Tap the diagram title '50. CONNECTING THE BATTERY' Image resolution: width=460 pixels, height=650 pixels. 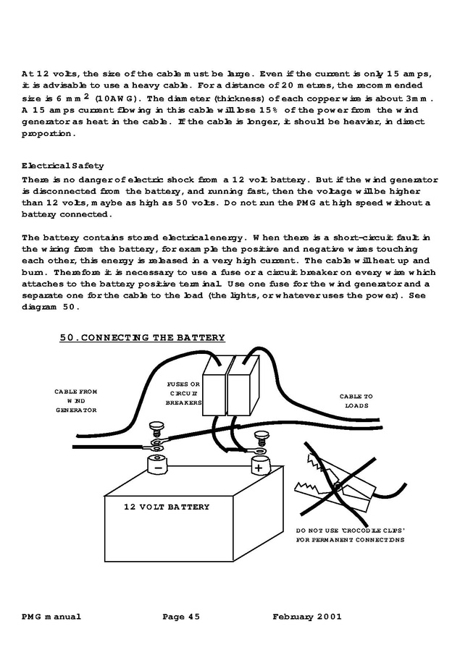tap(142, 337)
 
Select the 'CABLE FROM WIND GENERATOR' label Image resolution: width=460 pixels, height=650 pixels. tap(75, 400)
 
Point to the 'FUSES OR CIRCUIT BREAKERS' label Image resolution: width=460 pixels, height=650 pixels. tap(183, 393)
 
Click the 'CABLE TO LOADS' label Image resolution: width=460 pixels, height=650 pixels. tap(356, 401)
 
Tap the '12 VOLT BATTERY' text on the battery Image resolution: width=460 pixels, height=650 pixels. tap(167, 507)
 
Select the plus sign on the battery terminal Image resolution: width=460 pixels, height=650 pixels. tap(258, 468)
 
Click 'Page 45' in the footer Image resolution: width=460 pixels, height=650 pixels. tap(181, 617)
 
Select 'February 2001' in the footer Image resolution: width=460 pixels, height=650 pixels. tap(306, 617)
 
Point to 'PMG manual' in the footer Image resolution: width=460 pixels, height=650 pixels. tap(51, 617)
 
